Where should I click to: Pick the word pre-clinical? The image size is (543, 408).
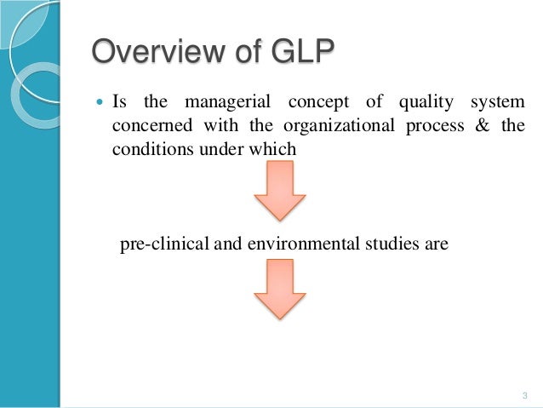pyautogui.click(x=164, y=244)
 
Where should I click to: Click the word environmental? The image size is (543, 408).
pyautogui.click(x=298, y=244)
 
